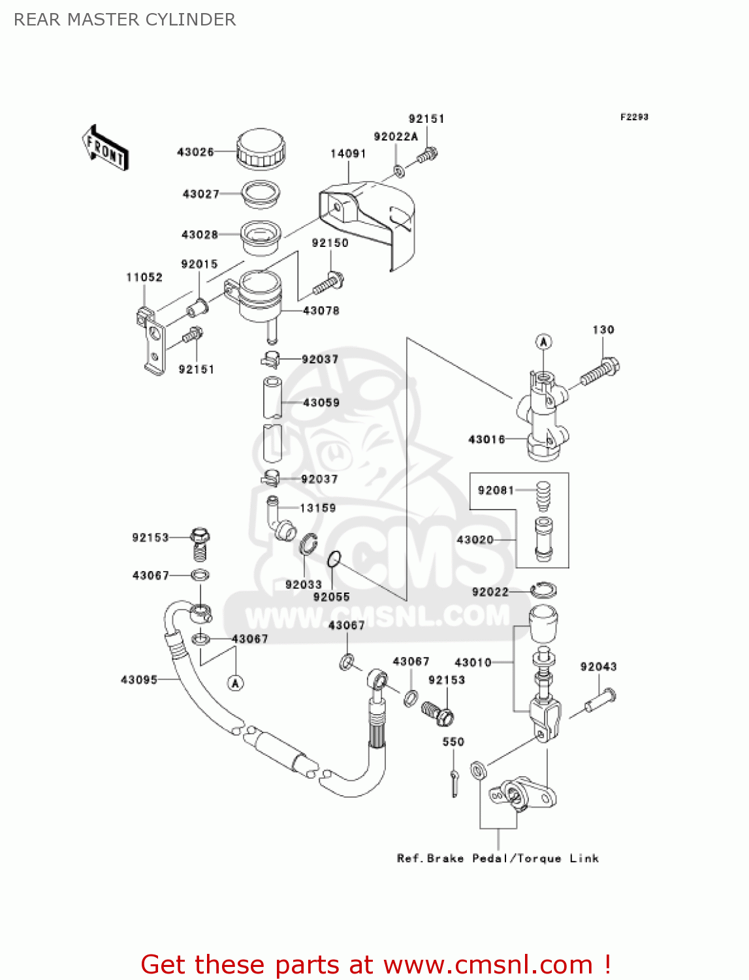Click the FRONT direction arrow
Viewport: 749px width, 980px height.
tap(104, 148)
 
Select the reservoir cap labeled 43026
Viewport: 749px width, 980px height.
tap(261, 148)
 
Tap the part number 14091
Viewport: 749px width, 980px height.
tap(348, 154)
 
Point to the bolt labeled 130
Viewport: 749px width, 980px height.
tap(599, 371)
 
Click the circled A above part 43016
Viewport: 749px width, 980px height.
tap(544, 342)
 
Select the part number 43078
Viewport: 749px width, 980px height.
tap(321, 311)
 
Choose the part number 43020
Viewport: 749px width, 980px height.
tap(475, 540)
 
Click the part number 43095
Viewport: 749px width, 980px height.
tap(139, 680)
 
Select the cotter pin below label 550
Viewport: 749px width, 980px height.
tap(454, 782)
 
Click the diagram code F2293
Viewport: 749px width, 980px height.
tap(634, 117)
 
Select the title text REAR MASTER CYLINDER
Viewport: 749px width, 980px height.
tap(125, 20)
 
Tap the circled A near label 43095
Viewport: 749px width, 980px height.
tap(236, 683)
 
